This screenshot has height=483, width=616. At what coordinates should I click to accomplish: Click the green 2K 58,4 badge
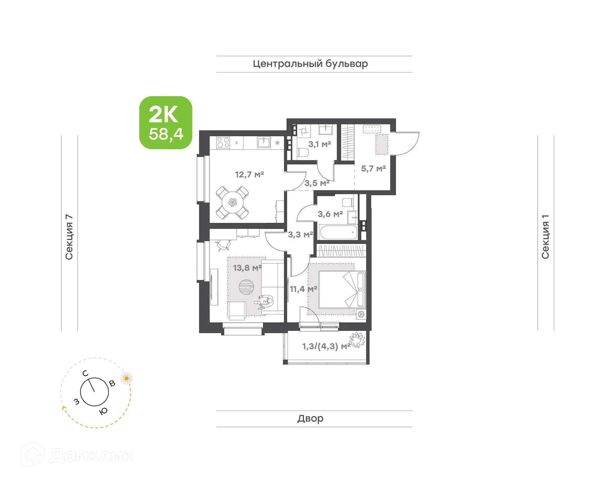(x=166, y=122)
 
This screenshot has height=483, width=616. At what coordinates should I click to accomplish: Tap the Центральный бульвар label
(x=310, y=64)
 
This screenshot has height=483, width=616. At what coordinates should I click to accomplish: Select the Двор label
(x=310, y=419)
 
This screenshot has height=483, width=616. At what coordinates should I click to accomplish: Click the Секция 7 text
(x=69, y=237)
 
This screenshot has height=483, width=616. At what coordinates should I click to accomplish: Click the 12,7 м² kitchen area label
(x=249, y=175)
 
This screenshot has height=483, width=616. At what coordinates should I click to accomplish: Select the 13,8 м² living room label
(x=247, y=268)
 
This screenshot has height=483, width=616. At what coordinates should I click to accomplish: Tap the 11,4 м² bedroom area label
(x=303, y=289)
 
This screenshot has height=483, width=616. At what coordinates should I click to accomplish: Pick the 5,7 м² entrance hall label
(x=373, y=169)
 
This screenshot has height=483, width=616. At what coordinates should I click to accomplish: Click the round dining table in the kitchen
(x=232, y=202)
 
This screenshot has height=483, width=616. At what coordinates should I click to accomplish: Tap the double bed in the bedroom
(x=342, y=289)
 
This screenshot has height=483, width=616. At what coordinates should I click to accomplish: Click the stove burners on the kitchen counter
(x=223, y=143)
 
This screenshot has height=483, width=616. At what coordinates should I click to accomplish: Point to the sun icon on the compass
(x=126, y=379)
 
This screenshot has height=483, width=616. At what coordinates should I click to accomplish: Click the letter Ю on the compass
(x=103, y=411)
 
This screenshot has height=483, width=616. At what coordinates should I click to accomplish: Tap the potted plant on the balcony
(x=357, y=340)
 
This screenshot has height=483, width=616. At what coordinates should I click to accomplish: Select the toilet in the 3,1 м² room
(x=302, y=152)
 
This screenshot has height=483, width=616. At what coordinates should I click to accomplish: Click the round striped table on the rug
(x=246, y=287)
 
